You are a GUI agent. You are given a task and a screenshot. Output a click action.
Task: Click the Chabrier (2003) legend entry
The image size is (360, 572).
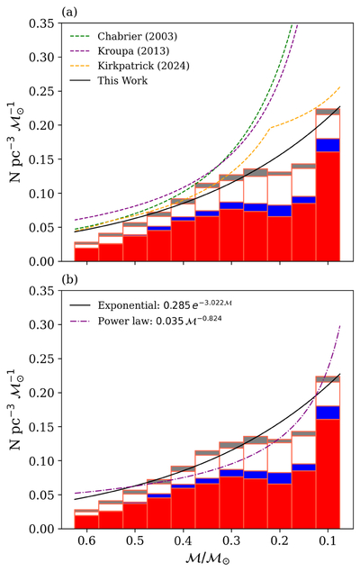click(x=138, y=36)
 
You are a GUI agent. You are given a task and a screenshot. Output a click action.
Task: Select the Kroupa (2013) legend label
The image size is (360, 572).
click(x=133, y=50)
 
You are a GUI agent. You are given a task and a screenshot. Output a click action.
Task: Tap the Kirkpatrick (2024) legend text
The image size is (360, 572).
click(x=144, y=66)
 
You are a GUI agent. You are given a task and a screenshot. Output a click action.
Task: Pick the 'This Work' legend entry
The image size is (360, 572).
click(x=122, y=80)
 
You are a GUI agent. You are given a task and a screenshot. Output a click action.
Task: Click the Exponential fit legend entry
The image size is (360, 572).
click(x=165, y=304)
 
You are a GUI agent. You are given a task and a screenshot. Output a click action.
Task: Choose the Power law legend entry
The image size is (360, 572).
click(x=159, y=321)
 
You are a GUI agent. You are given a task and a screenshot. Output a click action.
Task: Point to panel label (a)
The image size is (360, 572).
click(x=69, y=13)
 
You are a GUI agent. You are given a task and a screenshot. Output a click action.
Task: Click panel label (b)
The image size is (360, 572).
click(x=69, y=279)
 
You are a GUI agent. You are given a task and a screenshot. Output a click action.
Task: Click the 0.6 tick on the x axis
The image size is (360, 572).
click(x=86, y=540)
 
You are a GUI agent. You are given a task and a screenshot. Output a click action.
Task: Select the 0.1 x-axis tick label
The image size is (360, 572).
click(x=328, y=540)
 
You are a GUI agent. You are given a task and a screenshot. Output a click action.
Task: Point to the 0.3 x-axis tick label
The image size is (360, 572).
click(x=231, y=540)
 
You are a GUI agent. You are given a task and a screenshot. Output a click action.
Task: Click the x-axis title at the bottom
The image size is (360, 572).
click(x=208, y=558)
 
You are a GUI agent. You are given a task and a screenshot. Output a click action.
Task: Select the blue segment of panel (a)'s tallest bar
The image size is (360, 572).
click(x=328, y=145)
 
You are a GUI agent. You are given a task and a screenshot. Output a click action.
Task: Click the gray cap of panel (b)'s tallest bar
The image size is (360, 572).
click(x=328, y=379)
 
